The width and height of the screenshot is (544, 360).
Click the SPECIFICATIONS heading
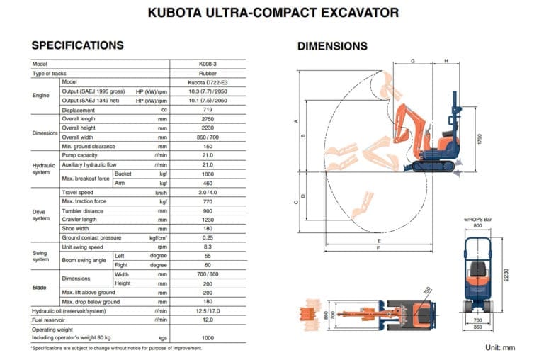(78, 45)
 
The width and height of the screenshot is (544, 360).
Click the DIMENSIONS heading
(332, 46)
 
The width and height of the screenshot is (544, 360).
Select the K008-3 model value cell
(208, 64)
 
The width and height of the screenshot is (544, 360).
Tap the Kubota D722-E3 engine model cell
(208, 83)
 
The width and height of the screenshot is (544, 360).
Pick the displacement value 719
(208, 110)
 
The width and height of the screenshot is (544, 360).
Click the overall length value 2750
(208, 119)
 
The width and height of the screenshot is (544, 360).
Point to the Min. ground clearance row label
(89, 147)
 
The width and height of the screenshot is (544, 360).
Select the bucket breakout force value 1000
(208, 174)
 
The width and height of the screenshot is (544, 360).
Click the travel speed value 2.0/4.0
(208, 193)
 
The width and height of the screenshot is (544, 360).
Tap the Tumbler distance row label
(83, 211)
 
